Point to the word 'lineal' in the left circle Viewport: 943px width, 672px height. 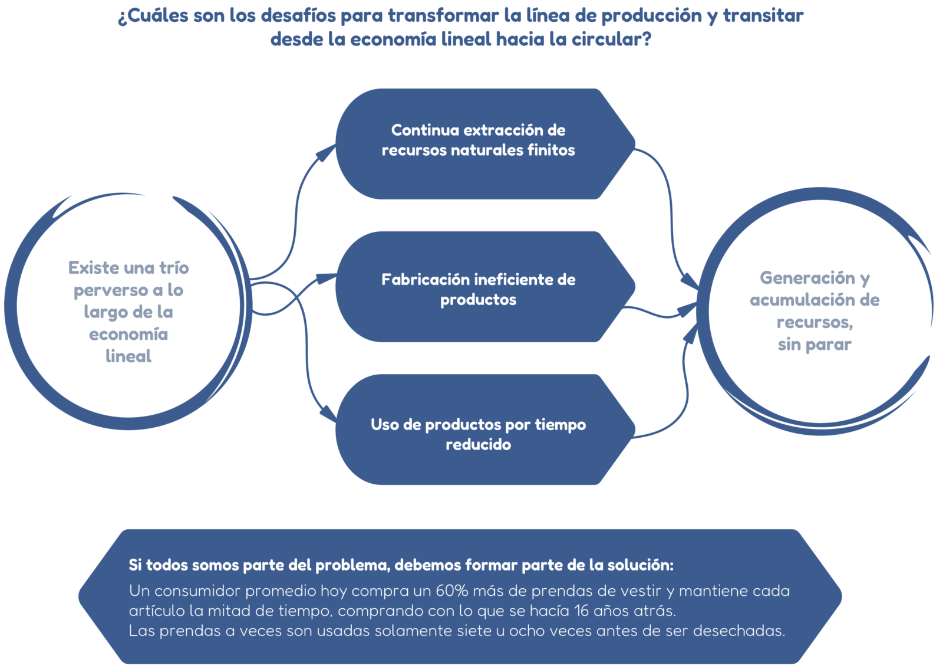coord(128,356)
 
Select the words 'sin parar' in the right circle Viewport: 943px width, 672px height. coord(815,345)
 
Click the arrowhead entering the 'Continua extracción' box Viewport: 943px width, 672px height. coord(325,153)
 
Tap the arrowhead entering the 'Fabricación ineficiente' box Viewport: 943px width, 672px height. coord(327,278)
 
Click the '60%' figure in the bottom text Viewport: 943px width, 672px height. coord(451,591)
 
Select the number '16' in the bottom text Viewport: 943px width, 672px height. coord(581,611)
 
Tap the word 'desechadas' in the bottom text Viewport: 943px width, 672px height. coord(738,631)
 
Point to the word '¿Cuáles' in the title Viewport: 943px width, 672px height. coord(153,16)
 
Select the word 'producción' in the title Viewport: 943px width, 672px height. coord(651,16)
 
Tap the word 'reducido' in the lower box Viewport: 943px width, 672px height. coord(478,444)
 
